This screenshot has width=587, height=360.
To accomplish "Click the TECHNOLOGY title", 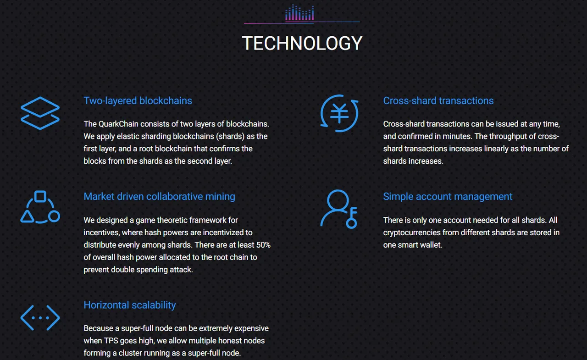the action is pyautogui.click(x=302, y=43).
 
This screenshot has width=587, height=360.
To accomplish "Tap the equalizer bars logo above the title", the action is pyautogui.click(x=299, y=12).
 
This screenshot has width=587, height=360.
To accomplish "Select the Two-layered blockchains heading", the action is pyautogui.click(x=138, y=101).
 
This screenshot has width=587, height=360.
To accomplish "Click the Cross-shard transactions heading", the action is pyautogui.click(x=438, y=101).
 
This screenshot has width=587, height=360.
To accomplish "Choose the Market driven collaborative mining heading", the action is pyautogui.click(x=159, y=196).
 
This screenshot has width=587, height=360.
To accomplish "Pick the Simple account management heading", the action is pyautogui.click(x=448, y=196).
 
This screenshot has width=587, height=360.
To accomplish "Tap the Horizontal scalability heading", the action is pyautogui.click(x=130, y=305).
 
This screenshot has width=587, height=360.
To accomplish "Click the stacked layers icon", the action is pyautogui.click(x=40, y=113).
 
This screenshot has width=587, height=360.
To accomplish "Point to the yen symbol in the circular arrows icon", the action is pyautogui.click(x=339, y=113).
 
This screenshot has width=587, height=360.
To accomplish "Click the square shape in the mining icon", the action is pyautogui.click(x=40, y=196).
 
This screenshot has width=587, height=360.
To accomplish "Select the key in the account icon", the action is pyautogui.click(x=352, y=218).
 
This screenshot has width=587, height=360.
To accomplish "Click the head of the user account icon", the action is pyautogui.click(x=338, y=200).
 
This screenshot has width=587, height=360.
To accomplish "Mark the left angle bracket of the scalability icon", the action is pyautogui.click(x=27, y=317).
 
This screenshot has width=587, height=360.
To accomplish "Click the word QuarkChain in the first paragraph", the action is pyautogui.click(x=118, y=124).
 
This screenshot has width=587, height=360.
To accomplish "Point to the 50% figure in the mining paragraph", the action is pyautogui.click(x=263, y=245).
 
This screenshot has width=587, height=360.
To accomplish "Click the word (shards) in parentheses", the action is pyautogui.click(x=230, y=137).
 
